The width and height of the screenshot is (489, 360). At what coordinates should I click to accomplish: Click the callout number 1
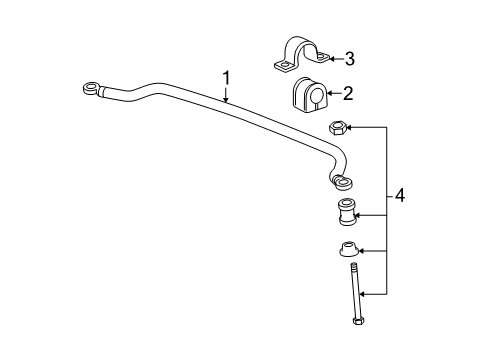coord(226,76)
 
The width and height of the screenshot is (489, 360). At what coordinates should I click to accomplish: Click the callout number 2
coord(347,95)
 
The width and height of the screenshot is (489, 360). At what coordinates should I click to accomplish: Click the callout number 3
coord(349,57)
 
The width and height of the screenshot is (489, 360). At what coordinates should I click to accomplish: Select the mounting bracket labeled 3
coord(297,57)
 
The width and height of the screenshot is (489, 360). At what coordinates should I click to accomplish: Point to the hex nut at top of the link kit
coord(339,128)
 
